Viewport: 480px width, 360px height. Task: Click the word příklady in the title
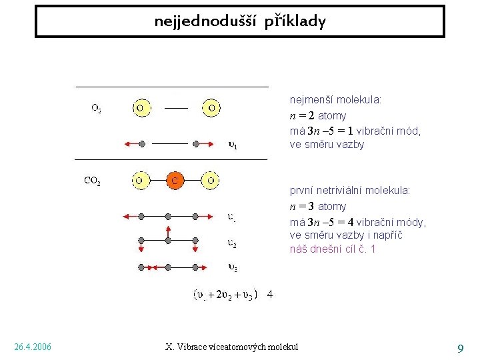295,21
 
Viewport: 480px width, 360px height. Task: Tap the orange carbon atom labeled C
175,180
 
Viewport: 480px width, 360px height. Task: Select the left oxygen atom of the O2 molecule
141,107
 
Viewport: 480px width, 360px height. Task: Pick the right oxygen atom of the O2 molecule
211,107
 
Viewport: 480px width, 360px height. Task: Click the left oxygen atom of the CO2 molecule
141,180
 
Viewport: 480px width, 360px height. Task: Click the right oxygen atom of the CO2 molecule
211,180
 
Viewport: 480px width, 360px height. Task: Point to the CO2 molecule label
93,180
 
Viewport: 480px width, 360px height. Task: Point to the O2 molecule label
97,108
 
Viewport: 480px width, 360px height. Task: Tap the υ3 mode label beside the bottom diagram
232,268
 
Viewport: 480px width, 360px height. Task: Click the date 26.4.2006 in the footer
33,347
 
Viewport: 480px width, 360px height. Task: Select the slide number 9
460,347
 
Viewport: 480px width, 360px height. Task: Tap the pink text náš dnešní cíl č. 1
333,249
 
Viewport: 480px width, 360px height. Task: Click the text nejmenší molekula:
335,100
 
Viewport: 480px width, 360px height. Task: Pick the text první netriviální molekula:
350,191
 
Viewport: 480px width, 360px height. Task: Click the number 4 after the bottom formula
269,294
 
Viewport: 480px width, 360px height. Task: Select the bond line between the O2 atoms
176,107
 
